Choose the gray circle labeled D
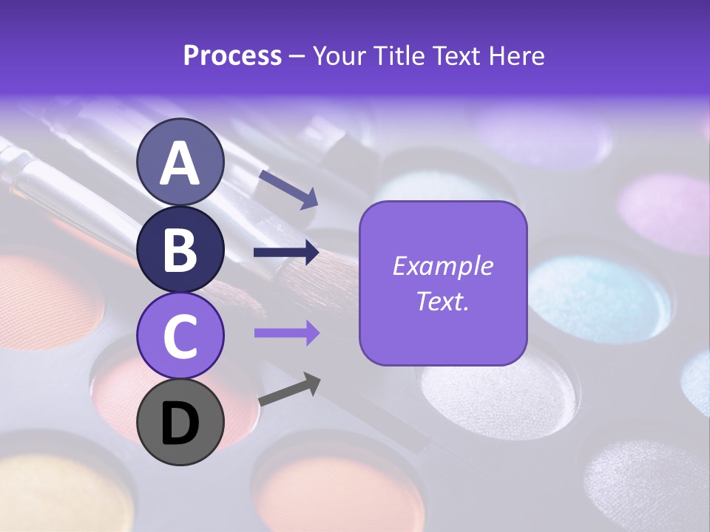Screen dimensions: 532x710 coord(180,422)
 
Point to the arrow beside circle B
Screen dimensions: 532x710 coord(286,253)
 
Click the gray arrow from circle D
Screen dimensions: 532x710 coord(289,389)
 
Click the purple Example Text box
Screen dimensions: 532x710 coord(443,283)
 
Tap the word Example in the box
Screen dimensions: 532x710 coord(443,266)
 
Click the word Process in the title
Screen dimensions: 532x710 coord(232,56)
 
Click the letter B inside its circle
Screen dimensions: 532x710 coord(180,250)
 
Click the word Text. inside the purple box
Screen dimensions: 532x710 coord(443,301)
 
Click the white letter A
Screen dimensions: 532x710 coord(180,163)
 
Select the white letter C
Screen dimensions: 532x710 coord(180,336)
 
